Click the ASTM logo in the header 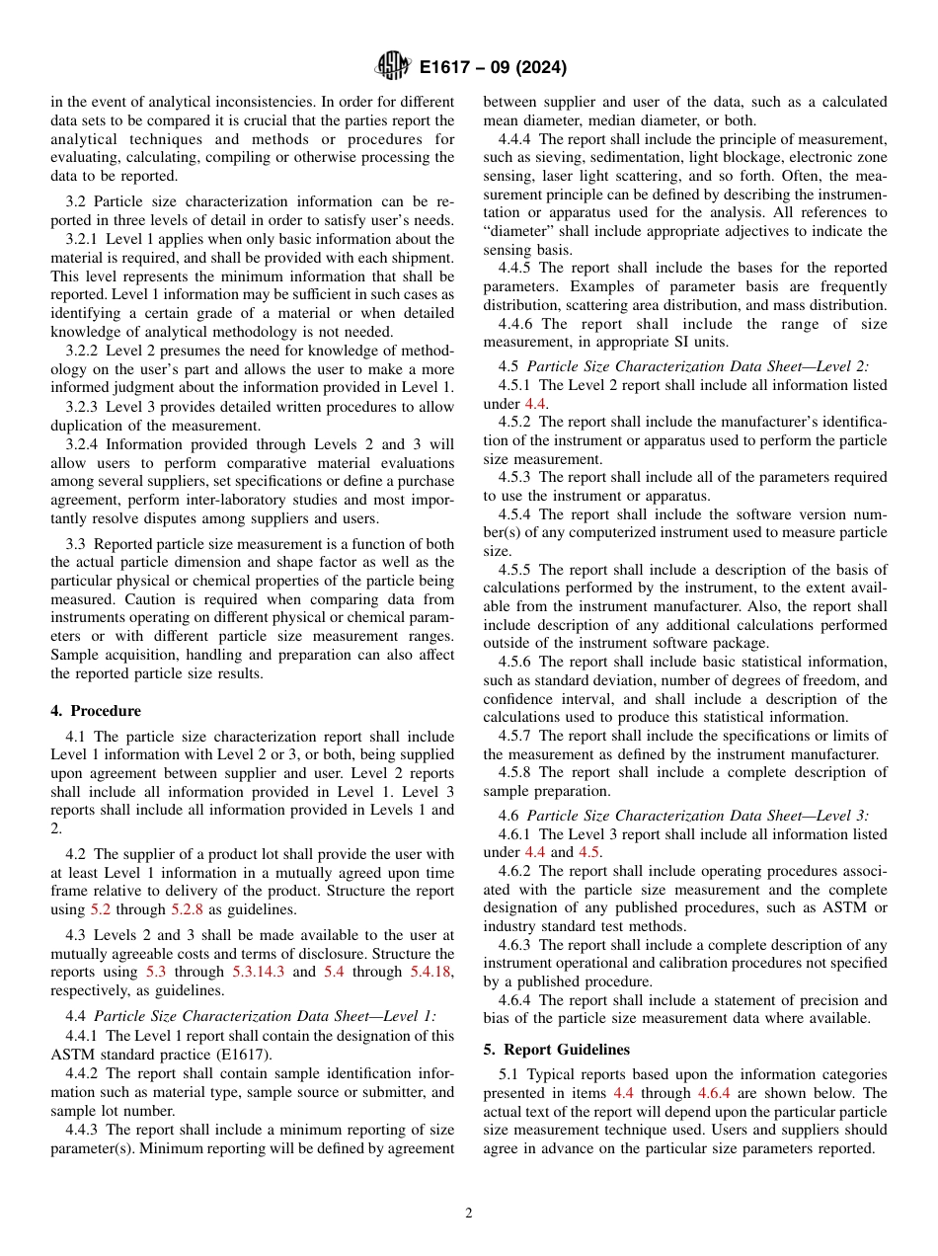coord(393,67)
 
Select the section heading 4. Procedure coord(96,711)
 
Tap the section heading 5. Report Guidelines coord(556,1049)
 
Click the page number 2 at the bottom coord(469,1214)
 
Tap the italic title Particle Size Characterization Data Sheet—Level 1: coord(265,1016)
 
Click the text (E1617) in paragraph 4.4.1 coord(239,1055)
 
